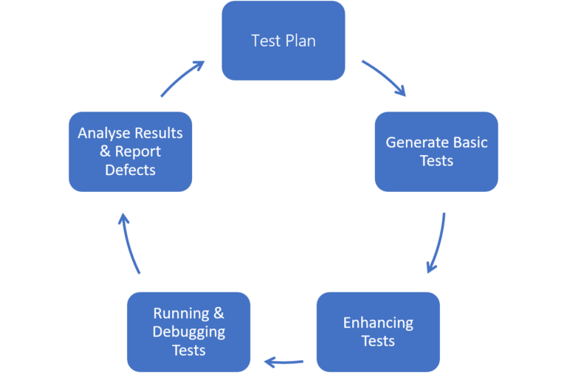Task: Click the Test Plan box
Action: coord(283,41)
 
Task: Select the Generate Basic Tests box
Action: coord(436,151)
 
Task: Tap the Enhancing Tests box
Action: coord(378,331)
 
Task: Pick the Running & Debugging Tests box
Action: coord(188,331)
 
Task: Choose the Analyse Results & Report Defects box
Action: coord(130,151)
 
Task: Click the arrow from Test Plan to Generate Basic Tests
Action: coord(384,78)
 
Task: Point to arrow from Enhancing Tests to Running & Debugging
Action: coord(283,362)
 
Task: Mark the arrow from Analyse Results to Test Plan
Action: coord(182,78)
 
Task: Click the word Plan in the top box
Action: coord(300,41)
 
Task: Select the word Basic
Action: coord(470,142)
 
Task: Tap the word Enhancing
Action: coord(378,323)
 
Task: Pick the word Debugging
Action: coord(188,331)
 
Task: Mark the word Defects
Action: coord(130,170)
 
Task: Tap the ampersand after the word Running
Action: coord(219,314)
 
